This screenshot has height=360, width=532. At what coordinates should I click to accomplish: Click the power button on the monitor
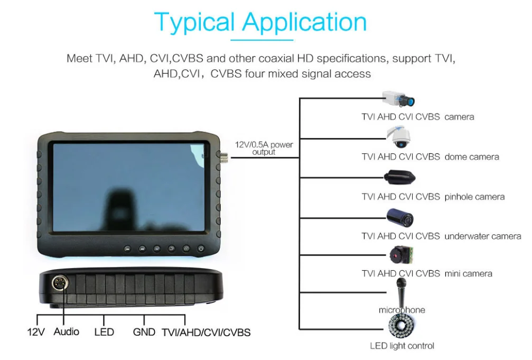coord(201,248)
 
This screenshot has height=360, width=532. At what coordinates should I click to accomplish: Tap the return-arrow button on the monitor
coord(172,249)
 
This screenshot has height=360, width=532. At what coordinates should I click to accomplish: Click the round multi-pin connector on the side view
coord(60,283)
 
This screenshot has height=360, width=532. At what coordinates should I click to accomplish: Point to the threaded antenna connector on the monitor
coord(223,157)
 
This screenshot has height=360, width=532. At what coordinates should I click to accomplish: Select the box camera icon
coord(398,98)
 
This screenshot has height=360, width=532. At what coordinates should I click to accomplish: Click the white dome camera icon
coord(399,137)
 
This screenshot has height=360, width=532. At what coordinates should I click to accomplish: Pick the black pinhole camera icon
coord(400,177)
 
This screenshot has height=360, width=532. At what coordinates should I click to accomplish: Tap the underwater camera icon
coord(400,218)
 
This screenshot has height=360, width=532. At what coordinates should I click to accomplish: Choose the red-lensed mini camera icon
coord(402,255)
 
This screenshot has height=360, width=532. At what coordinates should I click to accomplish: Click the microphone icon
coord(402,292)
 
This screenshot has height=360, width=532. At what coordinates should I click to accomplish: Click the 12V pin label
coord(36,332)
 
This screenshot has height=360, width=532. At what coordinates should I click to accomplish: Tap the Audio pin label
coord(67,331)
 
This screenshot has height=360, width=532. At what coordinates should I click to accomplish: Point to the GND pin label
coord(144,332)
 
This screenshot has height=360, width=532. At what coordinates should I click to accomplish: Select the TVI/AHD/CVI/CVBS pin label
coord(206,332)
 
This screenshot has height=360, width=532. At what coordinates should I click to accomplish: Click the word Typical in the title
coord(194,22)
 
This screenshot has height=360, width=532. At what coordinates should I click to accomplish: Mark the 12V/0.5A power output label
coord(264,148)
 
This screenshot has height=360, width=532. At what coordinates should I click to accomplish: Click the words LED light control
coord(402,346)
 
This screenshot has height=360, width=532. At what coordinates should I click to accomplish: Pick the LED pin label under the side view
coord(104,332)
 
